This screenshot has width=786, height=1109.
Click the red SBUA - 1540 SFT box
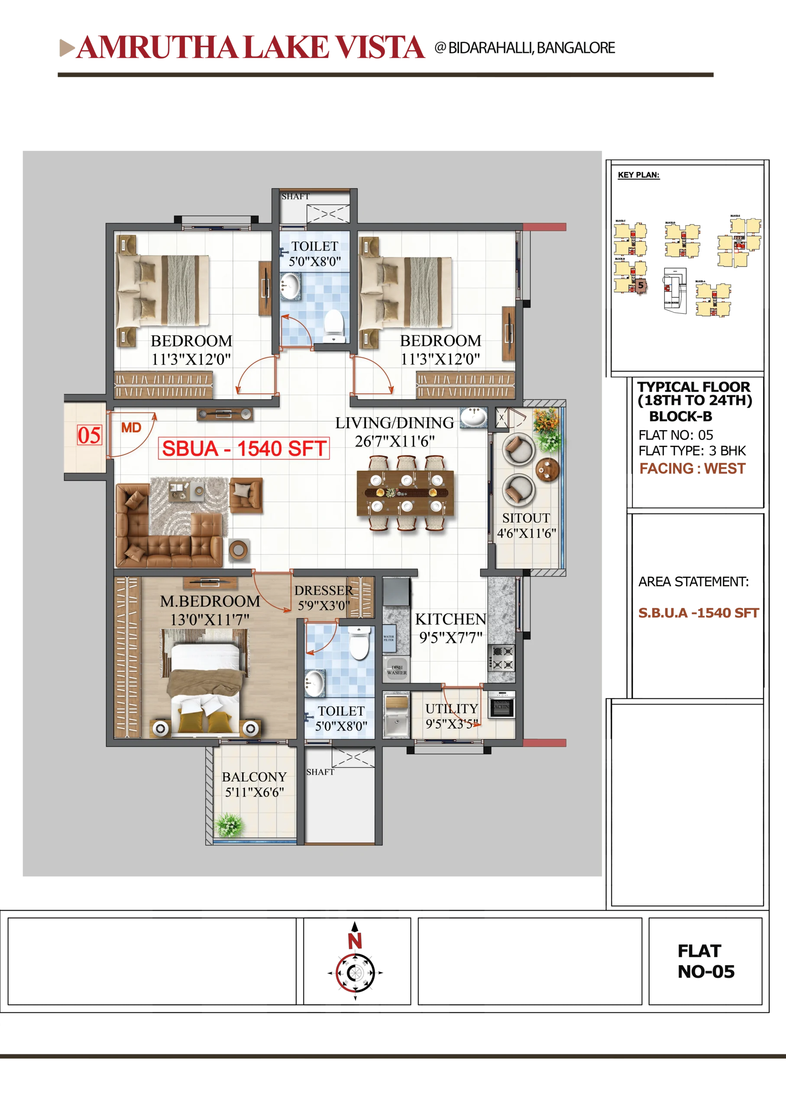click(x=244, y=448)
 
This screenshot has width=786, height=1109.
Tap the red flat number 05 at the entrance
click(x=90, y=435)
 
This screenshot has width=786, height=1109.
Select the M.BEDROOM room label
click(x=210, y=601)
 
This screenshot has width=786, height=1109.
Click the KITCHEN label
click(x=450, y=619)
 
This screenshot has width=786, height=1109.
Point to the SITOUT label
click(x=526, y=518)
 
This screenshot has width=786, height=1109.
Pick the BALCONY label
click(x=254, y=777)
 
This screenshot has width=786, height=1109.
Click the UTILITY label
click(x=452, y=709)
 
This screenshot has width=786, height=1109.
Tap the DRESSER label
click(x=324, y=590)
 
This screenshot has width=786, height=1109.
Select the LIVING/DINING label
click(x=395, y=423)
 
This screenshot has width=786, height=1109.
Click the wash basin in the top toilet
click(x=290, y=285)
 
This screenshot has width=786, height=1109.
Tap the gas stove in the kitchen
click(x=501, y=657)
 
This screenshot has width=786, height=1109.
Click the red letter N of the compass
click(x=355, y=941)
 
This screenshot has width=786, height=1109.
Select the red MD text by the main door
click(x=131, y=428)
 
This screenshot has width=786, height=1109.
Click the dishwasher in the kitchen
click(x=396, y=669)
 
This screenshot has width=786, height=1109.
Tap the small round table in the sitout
click(x=547, y=469)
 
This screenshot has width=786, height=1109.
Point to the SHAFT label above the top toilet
click(x=295, y=197)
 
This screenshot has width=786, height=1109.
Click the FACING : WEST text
click(x=692, y=468)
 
